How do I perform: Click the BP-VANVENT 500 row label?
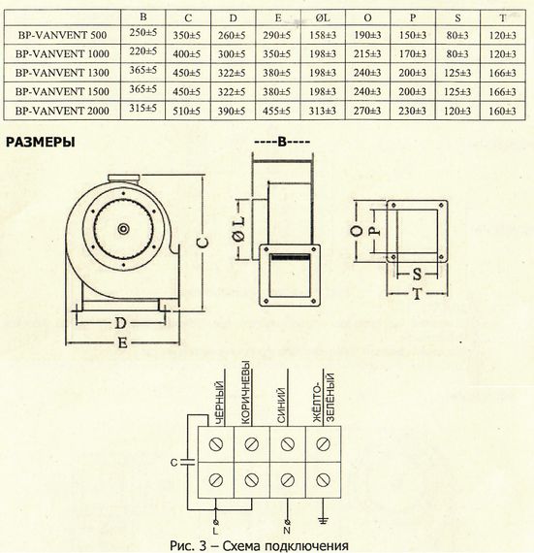pos(62,35)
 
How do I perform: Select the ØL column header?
pos(323,17)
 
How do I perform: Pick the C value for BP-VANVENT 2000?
pos(187,111)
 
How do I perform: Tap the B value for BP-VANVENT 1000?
pos(143,51)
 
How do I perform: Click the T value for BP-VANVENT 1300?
pos(503,73)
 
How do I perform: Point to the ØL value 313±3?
pos(323,111)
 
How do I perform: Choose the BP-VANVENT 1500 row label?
pos(62,92)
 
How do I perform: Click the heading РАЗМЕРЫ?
pos(41,142)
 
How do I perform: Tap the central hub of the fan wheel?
pos(123,229)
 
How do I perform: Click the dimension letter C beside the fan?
pos(203,243)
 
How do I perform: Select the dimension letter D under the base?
pos(120,323)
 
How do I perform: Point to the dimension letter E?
pos(122,342)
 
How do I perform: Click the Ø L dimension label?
pos(239,229)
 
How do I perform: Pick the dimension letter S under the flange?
pos(417,274)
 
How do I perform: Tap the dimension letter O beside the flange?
pos(357,231)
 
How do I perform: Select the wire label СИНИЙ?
pos(281,406)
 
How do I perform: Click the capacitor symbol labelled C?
pos(188,463)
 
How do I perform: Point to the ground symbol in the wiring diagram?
pos(323,519)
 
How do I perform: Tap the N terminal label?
pos(287,531)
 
